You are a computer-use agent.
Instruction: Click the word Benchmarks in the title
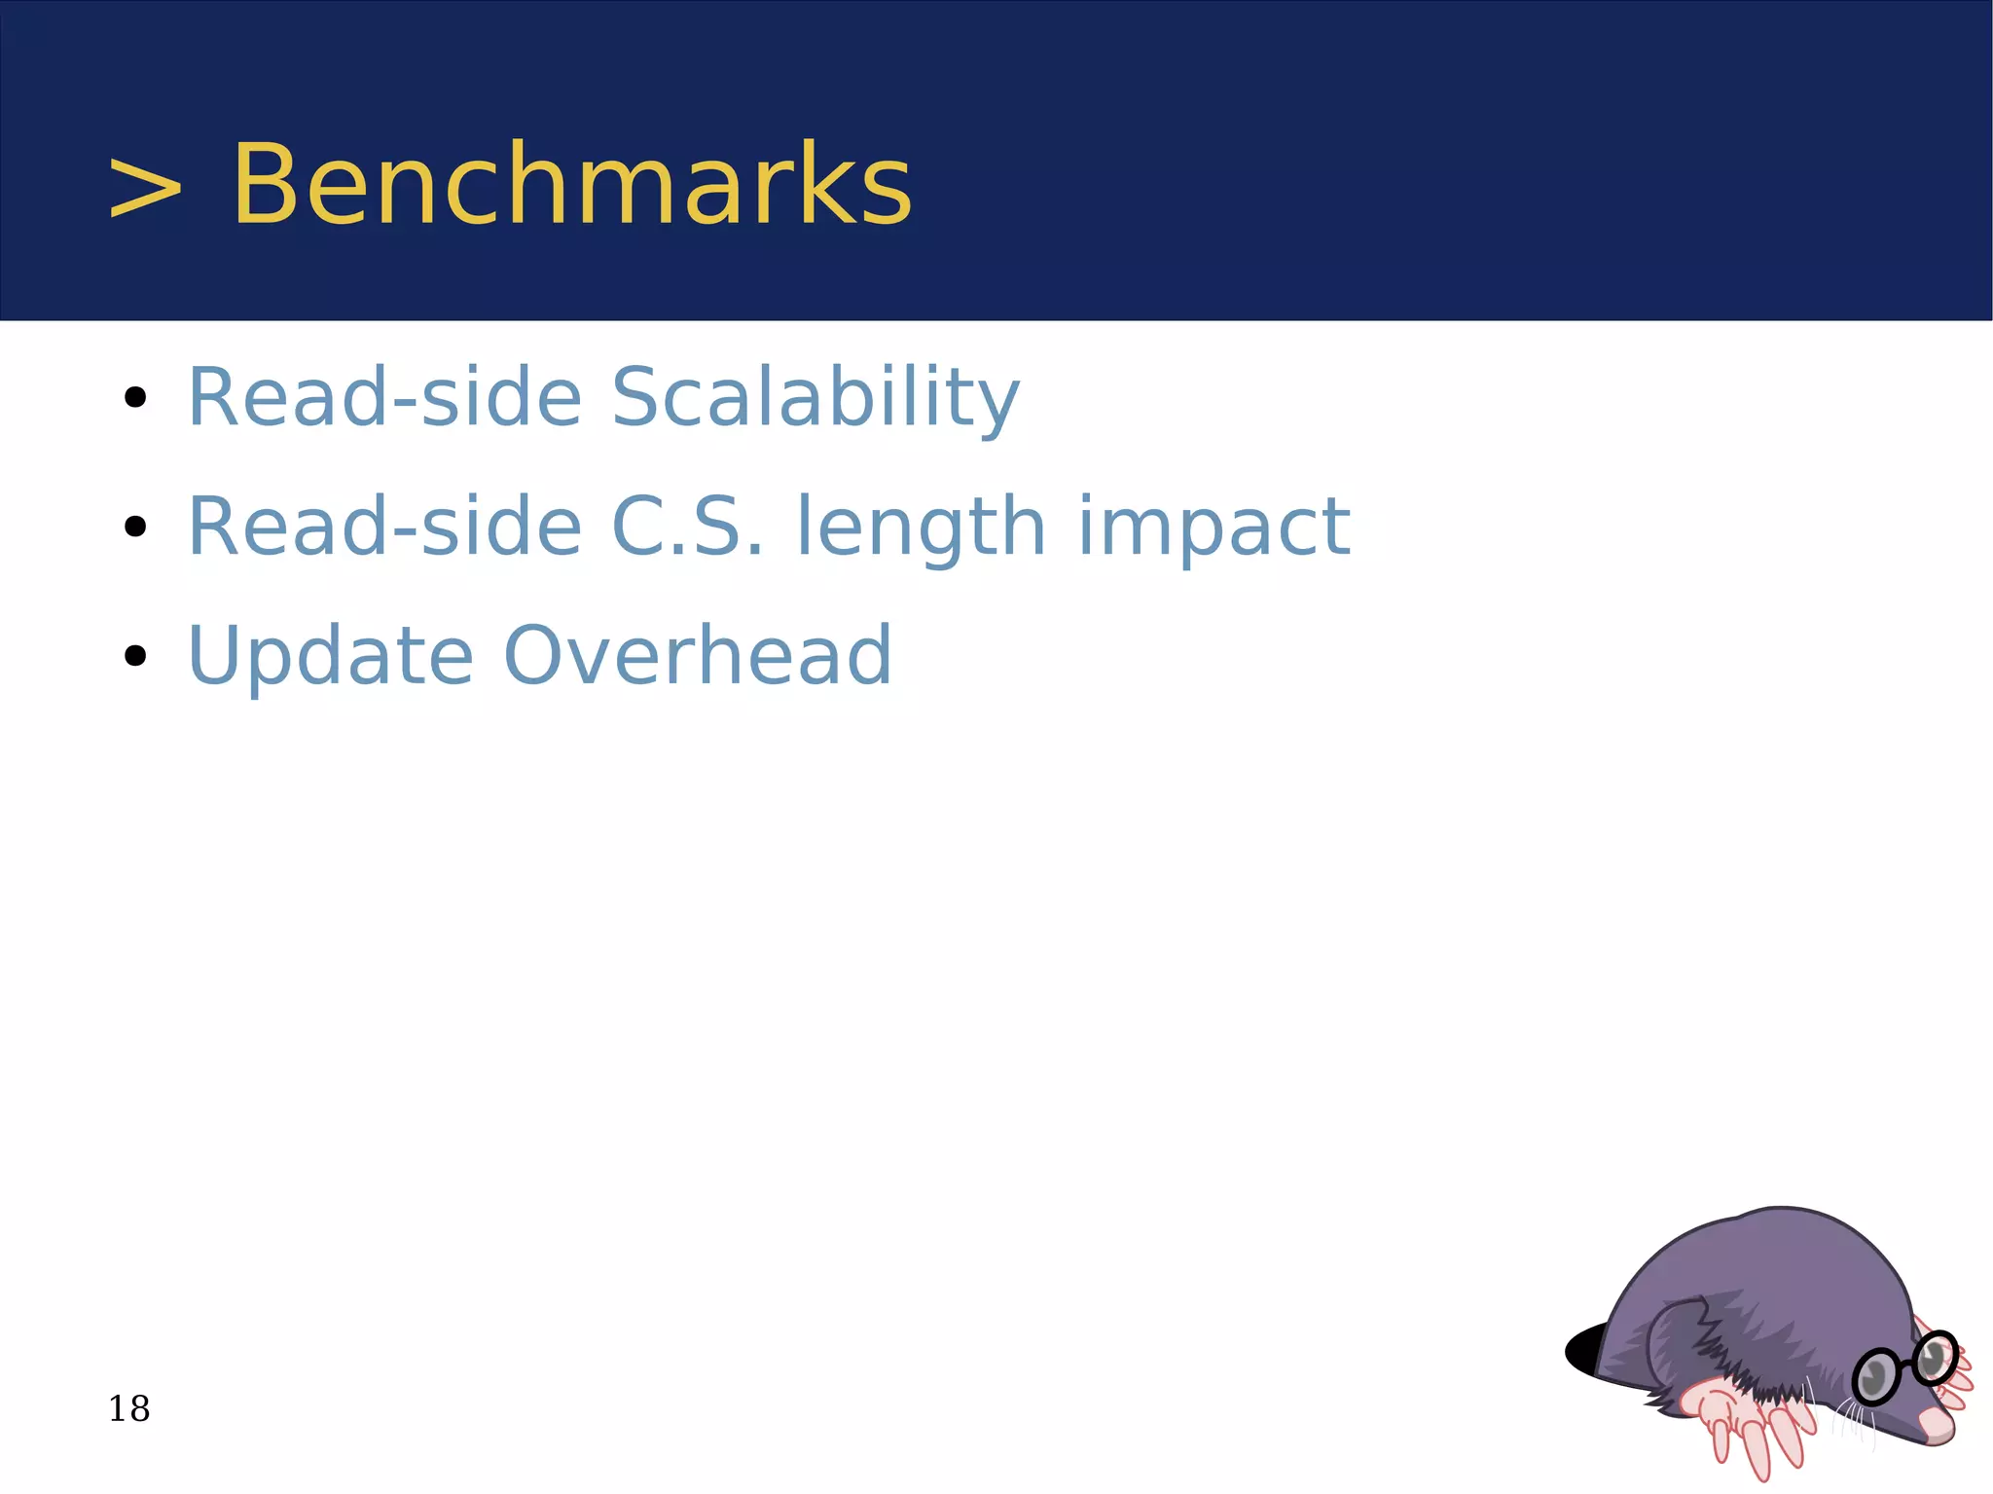pyautogui.click(x=571, y=185)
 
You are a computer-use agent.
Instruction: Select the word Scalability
pyautogui.click(x=815, y=397)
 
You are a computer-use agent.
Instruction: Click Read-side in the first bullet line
pyautogui.click(x=384, y=397)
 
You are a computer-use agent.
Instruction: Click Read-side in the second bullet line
pyautogui.click(x=384, y=527)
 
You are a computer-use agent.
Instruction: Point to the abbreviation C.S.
pyautogui.click(x=687, y=527)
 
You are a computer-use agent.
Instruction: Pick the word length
pyautogui.click(x=921, y=528)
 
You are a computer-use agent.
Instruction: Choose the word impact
pyautogui.click(x=1214, y=528)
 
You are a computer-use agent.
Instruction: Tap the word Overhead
pyautogui.click(x=697, y=655)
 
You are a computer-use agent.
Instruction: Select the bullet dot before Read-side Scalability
pyautogui.click(x=135, y=397)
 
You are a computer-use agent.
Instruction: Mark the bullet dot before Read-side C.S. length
pyautogui.click(x=135, y=527)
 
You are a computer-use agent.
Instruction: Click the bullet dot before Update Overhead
pyautogui.click(x=135, y=656)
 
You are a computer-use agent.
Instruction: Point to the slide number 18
pyautogui.click(x=128, y=1408)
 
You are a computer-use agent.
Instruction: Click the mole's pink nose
pyautogui.click(x=1937, y=1426)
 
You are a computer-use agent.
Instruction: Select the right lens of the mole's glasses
pyautogui.click(x=1935, y=1358)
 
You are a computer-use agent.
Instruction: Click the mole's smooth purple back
pyautogui.click(x=1781, y=1265)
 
